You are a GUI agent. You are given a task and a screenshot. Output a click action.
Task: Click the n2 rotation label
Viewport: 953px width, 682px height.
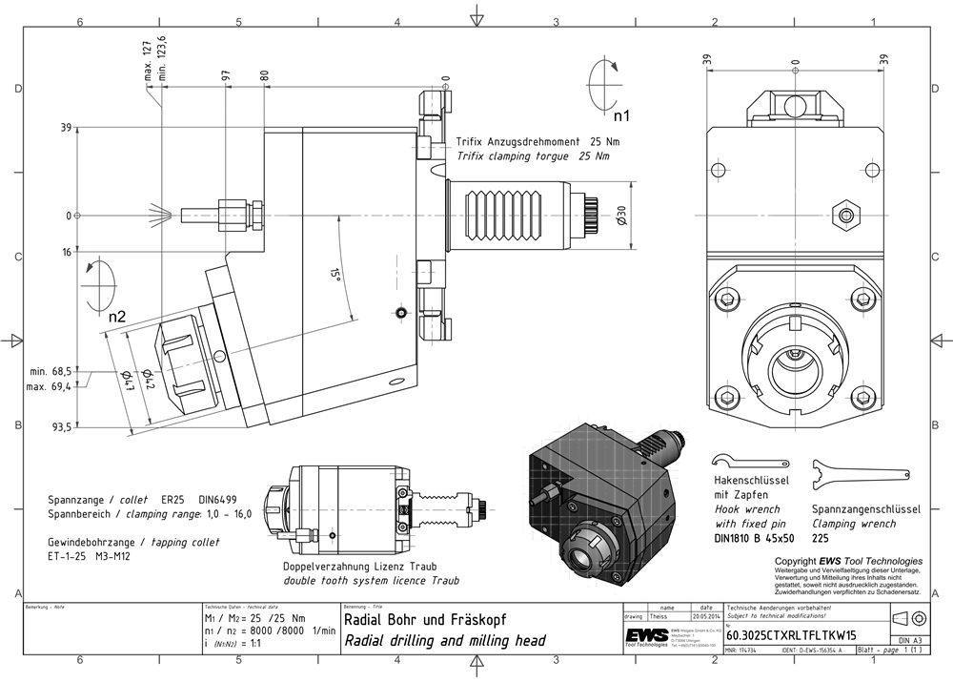click(117, 316)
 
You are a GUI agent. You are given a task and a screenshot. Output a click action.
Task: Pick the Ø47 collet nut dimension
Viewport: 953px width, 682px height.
click(127, 382)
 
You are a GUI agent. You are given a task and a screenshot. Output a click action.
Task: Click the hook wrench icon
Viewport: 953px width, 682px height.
click(749, 457)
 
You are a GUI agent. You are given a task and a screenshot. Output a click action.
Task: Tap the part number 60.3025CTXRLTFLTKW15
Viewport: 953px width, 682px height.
click(791, 634)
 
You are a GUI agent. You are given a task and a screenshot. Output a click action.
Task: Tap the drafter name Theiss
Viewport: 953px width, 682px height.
click(659, 617)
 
